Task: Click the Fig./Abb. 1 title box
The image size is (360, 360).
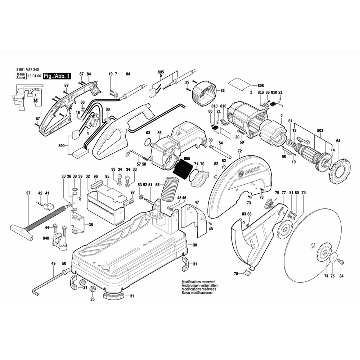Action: [57, 76]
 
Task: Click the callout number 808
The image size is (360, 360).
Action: [261, 86]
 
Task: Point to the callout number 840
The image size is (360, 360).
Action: [46, 238]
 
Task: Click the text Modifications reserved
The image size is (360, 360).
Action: [198, 282]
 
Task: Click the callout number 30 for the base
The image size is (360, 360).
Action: [195, 245]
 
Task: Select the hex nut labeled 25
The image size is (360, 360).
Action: [92, 289]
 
